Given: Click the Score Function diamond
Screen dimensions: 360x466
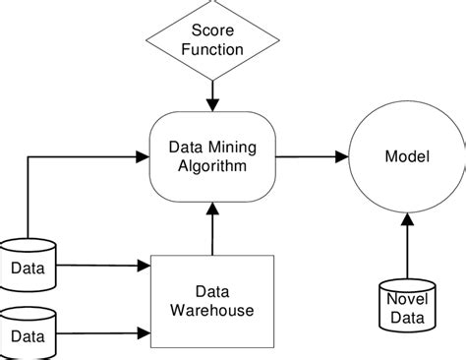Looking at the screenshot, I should (211, 38).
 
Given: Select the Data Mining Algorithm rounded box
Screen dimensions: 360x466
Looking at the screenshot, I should (211, 156).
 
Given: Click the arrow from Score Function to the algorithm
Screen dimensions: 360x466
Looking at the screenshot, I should (211, 95).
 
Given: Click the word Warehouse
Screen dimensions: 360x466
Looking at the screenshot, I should (210, 310).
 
